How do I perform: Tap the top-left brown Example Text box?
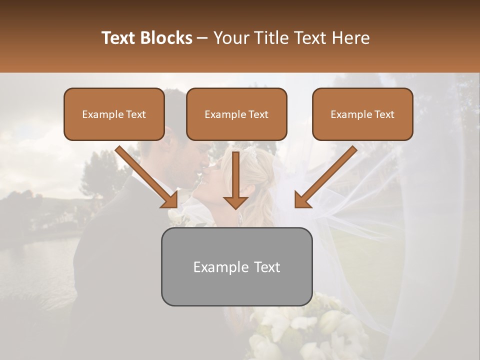114,114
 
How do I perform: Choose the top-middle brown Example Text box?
236,114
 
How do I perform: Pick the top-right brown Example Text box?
362,114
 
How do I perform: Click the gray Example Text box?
236,266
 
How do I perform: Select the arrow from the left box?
145,175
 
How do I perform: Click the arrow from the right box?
327,175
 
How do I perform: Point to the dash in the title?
202,38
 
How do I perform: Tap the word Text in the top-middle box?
258,114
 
